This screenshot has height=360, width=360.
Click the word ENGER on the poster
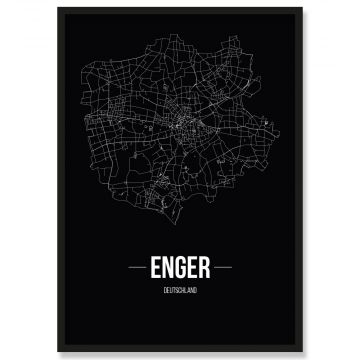point(179,267)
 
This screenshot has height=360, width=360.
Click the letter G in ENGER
point(179,267)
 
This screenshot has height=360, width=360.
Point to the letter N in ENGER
point(165,267)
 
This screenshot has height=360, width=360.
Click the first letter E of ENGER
point(152,267)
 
